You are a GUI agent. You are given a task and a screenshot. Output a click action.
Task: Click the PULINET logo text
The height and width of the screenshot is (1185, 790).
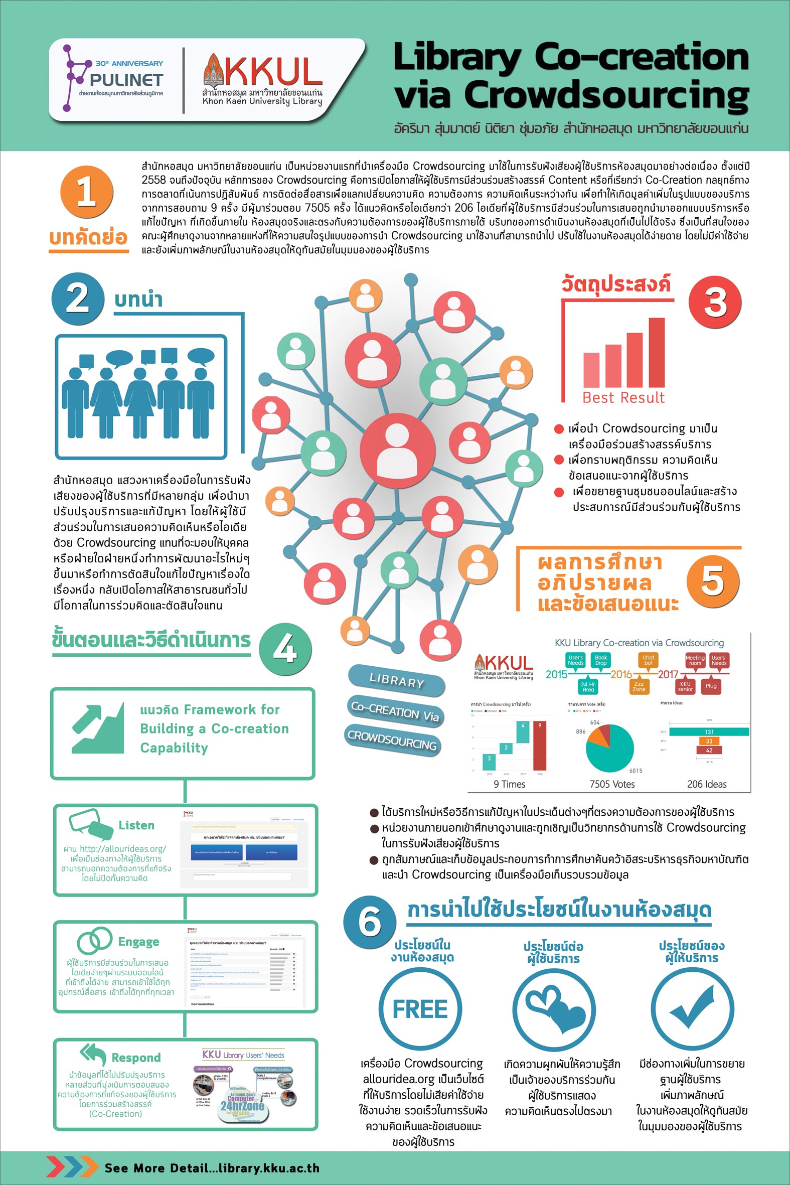point(126,80)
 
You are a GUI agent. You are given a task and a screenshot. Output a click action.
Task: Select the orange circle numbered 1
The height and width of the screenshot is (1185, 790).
point(86,192)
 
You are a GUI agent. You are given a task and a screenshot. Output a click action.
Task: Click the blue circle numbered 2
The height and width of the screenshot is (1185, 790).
point(78,299)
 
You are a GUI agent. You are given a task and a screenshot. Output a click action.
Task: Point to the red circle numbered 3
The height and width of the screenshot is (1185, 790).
point(714,302)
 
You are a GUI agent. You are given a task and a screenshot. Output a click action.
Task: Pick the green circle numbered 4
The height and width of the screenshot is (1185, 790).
point(285,649)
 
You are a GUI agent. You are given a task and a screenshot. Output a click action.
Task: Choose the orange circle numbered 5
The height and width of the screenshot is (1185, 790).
point(712,581)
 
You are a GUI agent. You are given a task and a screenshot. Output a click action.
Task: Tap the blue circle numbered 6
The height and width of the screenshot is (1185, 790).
point(369,922)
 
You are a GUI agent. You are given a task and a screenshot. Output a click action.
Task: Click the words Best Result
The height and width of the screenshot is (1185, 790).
point(623,397)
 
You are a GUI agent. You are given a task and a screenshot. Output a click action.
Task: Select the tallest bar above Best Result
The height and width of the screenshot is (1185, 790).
point(656,352)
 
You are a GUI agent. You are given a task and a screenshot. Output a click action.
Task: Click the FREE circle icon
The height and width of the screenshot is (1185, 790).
point(420,1009)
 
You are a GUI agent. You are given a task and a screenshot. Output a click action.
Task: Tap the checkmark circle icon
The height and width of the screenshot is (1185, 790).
point(692,1009)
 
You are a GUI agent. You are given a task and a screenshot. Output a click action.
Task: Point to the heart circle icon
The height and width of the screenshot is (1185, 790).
point(554,1009)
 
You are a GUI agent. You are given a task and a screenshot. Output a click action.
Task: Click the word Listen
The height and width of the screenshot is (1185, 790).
point(136,825)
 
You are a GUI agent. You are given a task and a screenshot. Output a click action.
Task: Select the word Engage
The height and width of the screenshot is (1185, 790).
point(138,942)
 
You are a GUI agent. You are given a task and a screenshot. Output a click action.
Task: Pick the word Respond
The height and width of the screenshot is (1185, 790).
point(136,1058)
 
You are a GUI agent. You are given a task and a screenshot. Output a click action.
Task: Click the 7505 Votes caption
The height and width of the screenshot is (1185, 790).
point(611,784)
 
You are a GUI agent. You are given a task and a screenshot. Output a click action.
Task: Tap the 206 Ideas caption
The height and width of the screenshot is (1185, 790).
point(706,784)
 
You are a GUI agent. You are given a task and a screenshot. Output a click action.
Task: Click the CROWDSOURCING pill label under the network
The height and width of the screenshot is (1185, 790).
point(392,739)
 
